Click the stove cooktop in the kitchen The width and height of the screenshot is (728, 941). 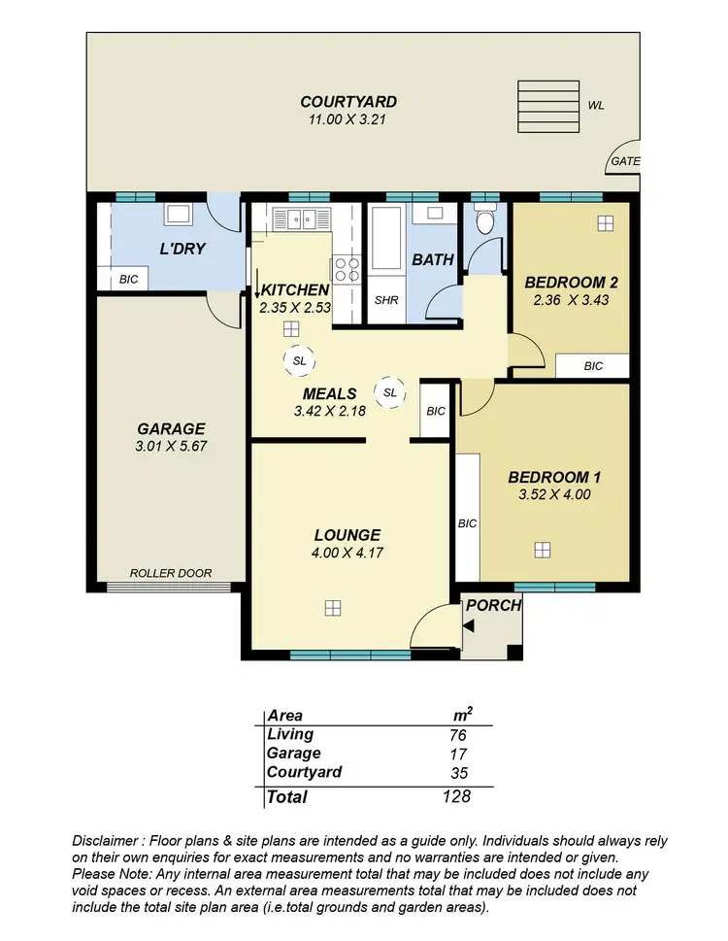347,268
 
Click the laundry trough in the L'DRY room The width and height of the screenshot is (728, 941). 178,215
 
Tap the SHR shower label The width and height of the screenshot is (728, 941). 385,300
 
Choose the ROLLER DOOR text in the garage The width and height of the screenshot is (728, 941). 171,573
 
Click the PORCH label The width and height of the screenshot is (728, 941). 494,605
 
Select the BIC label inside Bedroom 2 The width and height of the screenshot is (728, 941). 593,366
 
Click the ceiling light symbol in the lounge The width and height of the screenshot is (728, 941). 333,608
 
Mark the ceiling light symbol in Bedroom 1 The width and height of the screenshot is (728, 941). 542,550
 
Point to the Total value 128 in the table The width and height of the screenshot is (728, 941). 454,796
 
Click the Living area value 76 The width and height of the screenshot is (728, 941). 458,735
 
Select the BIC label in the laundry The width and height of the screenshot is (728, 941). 128,280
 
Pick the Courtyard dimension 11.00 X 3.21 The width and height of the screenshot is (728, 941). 347,120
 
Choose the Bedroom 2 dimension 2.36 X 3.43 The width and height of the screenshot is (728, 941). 571,301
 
